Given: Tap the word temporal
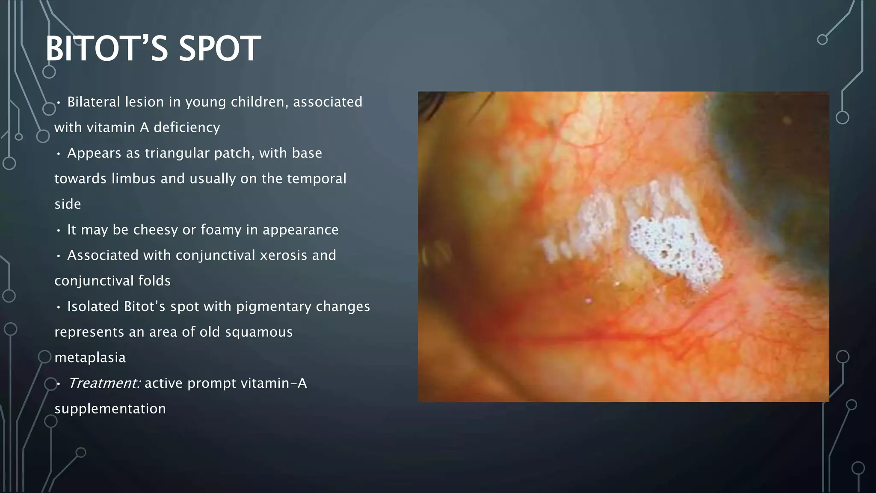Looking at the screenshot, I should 316,178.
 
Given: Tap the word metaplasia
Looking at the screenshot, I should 90,357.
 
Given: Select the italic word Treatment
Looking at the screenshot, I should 104,383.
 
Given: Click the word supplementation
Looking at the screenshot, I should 110,409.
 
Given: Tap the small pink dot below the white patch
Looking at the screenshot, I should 589,301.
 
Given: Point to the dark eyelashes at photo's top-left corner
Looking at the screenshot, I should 432,103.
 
